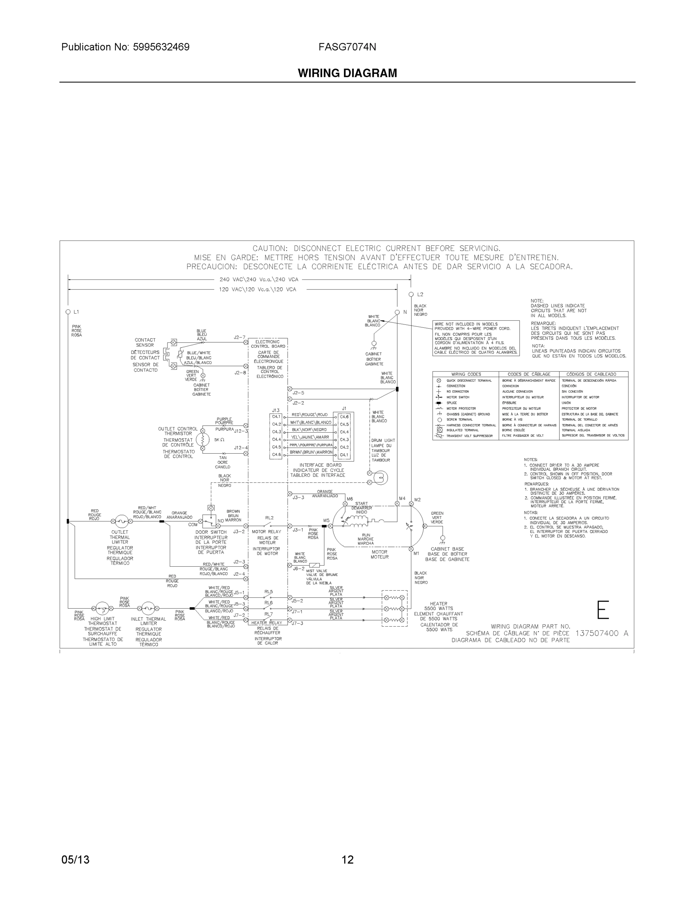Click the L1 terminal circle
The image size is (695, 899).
point(68,312)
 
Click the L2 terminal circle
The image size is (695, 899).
point(411,294)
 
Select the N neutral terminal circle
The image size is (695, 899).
point(397,312)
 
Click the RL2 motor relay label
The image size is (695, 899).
point(269,518)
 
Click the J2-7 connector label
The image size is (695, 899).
point(239,337)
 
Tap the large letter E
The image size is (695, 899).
point(603,610)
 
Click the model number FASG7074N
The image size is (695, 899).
point(347,47)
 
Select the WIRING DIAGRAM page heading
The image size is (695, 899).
point(347,73)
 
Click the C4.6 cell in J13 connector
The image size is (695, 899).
point(276,454)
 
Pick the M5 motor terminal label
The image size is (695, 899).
point(326,520)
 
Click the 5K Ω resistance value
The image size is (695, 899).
point(219,440)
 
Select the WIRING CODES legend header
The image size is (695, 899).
point(466,374)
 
